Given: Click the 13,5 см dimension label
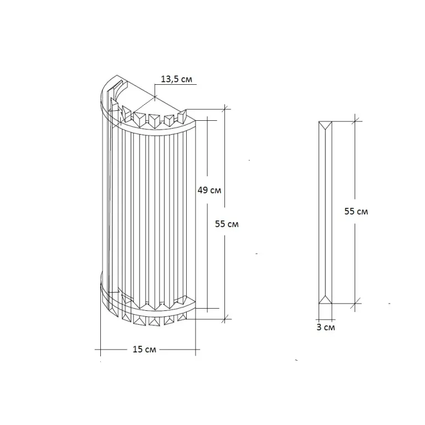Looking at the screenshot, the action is (x=176, y=79).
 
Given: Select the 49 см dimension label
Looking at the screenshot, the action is (x=209, y=190).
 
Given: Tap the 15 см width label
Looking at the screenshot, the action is (x=144, y=349).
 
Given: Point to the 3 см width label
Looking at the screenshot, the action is (x=325, y=327).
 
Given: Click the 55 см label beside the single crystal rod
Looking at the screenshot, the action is (x=356, y=211).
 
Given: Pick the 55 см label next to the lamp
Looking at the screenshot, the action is (x=227, y=224).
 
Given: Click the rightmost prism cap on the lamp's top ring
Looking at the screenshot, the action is (x=182, y=116).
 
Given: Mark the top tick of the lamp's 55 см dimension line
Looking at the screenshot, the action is (x=225, y=109).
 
